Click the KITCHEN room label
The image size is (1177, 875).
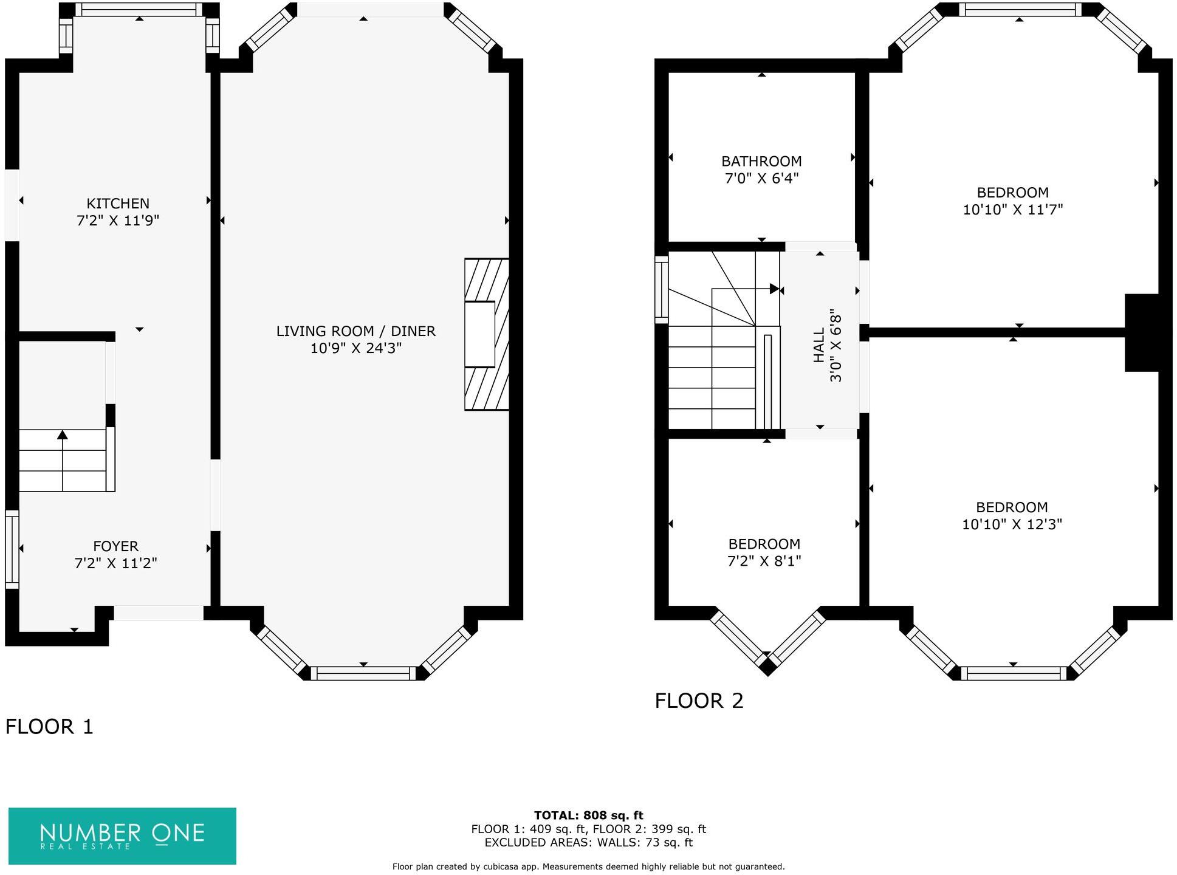click(117, 204)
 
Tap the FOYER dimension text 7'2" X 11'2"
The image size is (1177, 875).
click(115, 563)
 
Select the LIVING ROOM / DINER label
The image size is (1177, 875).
click(355, 331)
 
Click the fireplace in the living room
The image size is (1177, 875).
click(486, 334)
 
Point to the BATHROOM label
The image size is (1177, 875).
click(761, 162)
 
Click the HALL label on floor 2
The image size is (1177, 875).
click(819, 345)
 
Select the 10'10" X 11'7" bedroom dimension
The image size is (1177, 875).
click(1012, 210)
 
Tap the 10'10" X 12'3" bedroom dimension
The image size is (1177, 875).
click(1011, 524)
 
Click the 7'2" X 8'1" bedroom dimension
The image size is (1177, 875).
click(764, 561)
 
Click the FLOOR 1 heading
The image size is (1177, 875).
click(49, 726)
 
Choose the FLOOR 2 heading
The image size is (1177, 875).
click(699, 701)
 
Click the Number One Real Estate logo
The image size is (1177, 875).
click(122, 836)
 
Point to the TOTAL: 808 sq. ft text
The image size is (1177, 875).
click(588, 815)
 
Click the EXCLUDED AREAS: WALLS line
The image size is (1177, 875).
click(588, 843)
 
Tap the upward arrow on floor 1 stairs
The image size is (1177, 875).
click(63, 434)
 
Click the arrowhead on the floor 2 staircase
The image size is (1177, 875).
click(774, 289)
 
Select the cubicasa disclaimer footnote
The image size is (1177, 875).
click(588, 866)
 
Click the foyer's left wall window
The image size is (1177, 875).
click(12, 549)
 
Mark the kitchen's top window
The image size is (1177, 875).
click(139, 10)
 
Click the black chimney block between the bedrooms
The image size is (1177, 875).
click(1142, 332)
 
